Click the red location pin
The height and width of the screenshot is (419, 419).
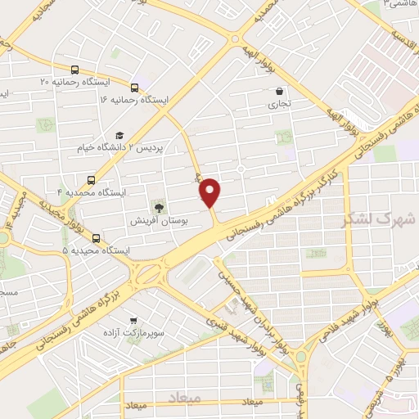[211, 192]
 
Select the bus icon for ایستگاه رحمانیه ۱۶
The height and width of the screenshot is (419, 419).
[135, 85]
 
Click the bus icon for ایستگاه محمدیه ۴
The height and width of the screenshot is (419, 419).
[90, 179]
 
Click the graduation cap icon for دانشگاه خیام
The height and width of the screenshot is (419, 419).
[119, 134]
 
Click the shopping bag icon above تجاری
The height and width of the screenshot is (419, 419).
[281, 91]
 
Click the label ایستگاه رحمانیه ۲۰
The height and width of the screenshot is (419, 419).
[79, 83]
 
